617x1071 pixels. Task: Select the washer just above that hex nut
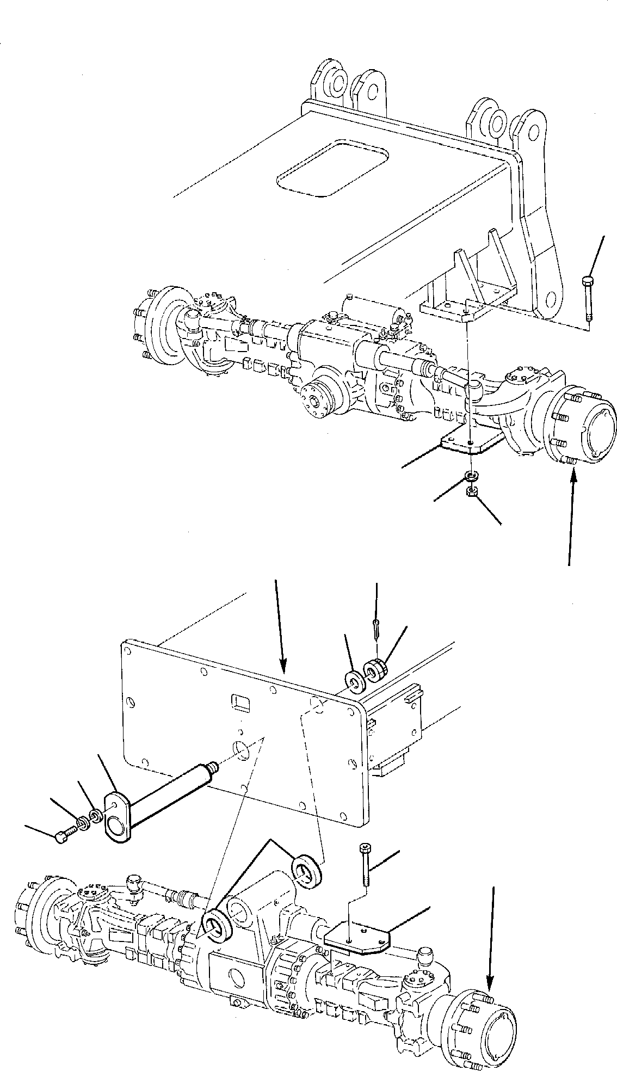tap(472, 476)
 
